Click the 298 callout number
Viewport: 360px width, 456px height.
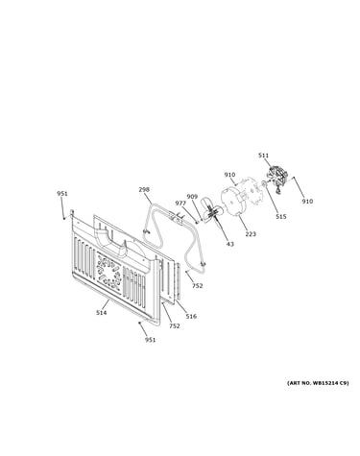(x=144, y=189)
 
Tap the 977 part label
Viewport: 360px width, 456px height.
(x=180, y=203)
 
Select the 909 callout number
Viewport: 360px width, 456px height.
(x=192, y=197)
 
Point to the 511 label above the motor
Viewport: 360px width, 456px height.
(x=263, y=156)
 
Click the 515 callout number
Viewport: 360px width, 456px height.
(x=281, y=217)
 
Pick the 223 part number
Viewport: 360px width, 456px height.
(x=251, y=234)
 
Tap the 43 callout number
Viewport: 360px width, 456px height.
(x=230, y=244)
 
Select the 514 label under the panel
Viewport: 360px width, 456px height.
(x=101, y=313)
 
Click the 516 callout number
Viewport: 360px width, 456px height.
(x=191, y=316)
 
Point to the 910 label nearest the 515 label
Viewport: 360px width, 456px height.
(x=307, y=202)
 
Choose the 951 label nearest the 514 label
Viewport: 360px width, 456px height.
(x=150, y=340)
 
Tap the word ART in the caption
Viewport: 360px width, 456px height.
(x=293, y=383)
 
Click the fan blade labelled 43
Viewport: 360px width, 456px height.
(x=211, y=211)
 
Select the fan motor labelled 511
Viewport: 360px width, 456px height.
(x=277, y=179)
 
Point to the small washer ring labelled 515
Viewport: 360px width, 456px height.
(x=264, y=183)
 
